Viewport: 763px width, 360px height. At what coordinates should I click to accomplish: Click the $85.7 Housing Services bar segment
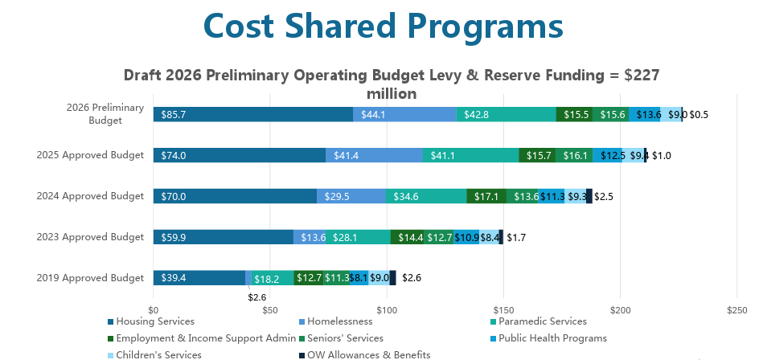pos(252,114)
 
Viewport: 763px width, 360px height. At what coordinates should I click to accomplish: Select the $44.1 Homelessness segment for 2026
pos(404,114)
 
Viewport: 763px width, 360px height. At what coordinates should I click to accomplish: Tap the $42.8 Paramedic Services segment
pos(506,114)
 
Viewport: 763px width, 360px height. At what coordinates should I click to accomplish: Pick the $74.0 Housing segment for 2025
pos(240,155)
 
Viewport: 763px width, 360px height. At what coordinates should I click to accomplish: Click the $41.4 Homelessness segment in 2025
pos(374,155)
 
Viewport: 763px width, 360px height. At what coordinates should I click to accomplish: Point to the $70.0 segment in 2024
pos(235,196)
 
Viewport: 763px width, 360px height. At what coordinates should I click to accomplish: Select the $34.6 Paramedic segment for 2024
pos(426,196)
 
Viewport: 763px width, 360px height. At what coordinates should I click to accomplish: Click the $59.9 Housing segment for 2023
pos(223,237)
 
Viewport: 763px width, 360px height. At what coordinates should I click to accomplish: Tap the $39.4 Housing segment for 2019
pos(199,278)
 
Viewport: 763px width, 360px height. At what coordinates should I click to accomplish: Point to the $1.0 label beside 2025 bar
pos(662,155)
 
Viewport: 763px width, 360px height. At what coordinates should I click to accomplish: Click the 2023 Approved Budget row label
pos(90,237)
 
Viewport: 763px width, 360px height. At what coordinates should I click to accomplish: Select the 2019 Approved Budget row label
pos(90,278)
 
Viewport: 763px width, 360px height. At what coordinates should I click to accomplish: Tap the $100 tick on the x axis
pos(387,309)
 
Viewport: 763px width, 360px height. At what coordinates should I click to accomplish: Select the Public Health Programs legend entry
pos(552,338)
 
